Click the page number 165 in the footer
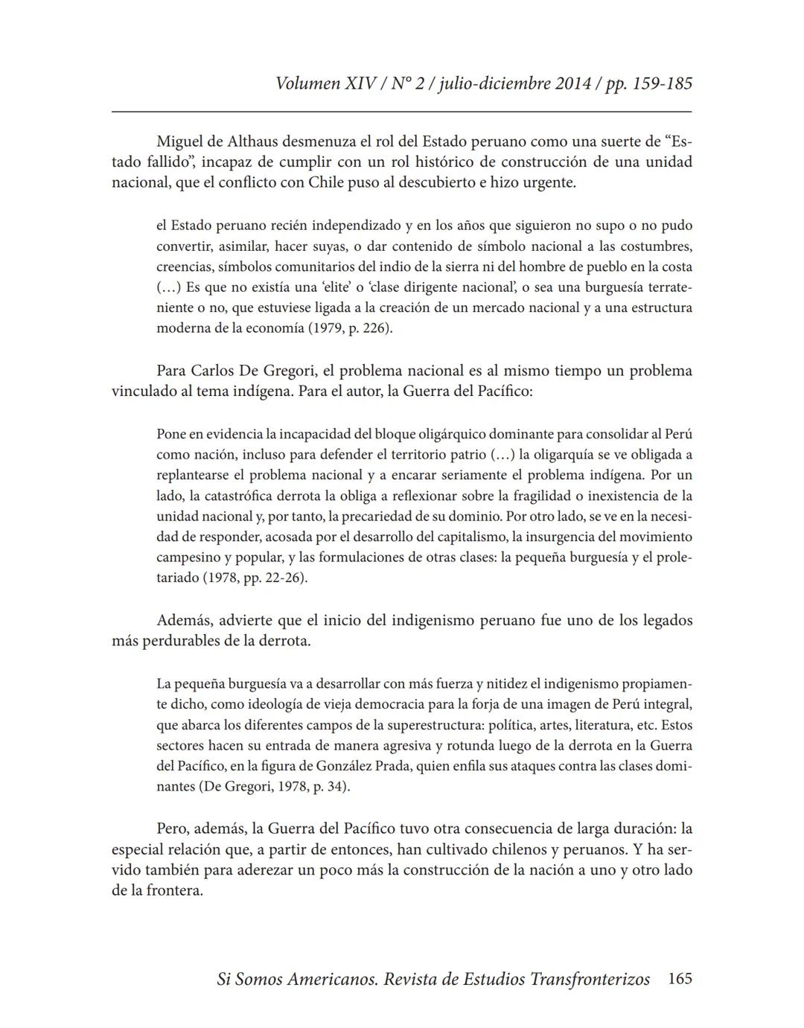coord(680,979)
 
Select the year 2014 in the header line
coord(573,83)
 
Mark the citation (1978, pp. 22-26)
coord(254,578)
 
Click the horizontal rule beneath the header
coord(401,112)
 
